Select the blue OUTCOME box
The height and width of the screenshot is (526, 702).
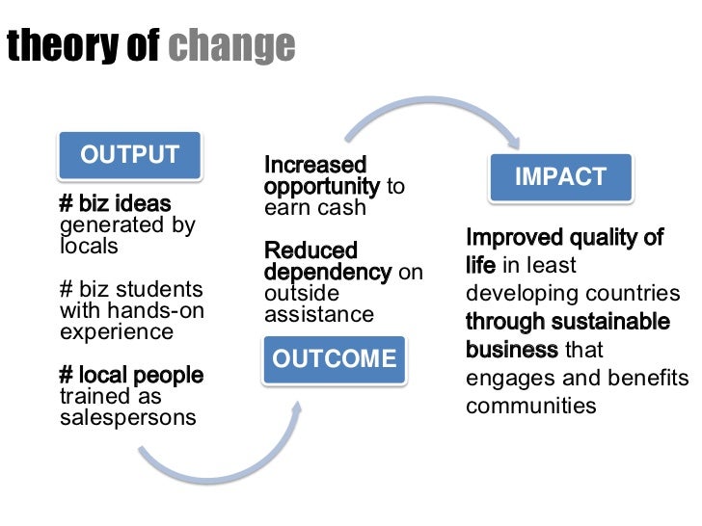tap(334, 359)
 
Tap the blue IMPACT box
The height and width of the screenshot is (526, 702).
tap(560, 176)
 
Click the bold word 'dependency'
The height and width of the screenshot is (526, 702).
tap(328, 273)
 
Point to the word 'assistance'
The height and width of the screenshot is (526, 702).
tap(319, 315)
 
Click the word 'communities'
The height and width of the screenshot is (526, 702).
tap(531, 405)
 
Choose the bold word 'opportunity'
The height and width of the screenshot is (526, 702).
tap(322, 186)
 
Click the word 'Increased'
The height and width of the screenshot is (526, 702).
tap(315, 166)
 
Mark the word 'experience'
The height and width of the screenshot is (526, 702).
tap(117, 332)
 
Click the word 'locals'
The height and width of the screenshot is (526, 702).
tap(89, 247)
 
